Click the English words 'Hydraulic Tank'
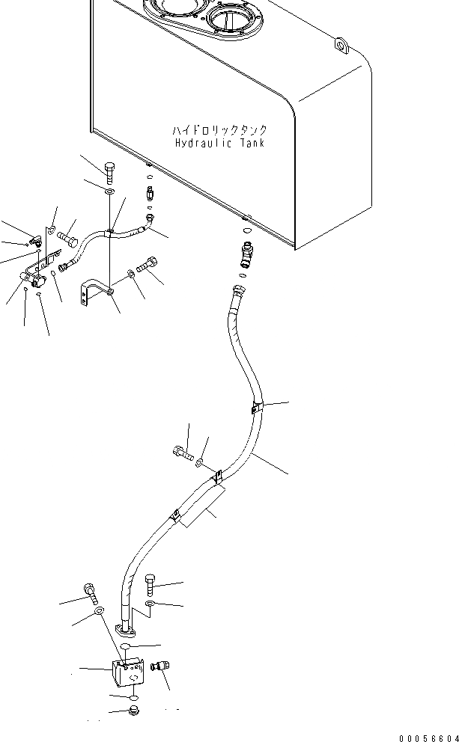point(219,143)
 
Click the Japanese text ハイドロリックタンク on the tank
point(219,129)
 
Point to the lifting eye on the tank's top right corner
point(342,46)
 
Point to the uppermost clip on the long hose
point(255,408)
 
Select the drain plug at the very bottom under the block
point(133,708)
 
